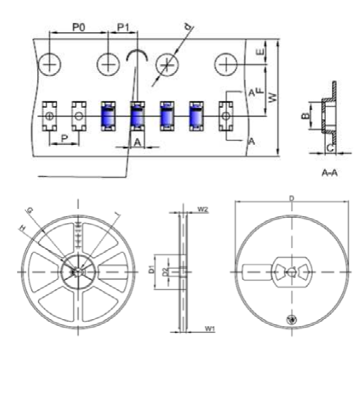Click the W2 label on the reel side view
coord(203,210)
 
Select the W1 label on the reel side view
coord(209,329)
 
